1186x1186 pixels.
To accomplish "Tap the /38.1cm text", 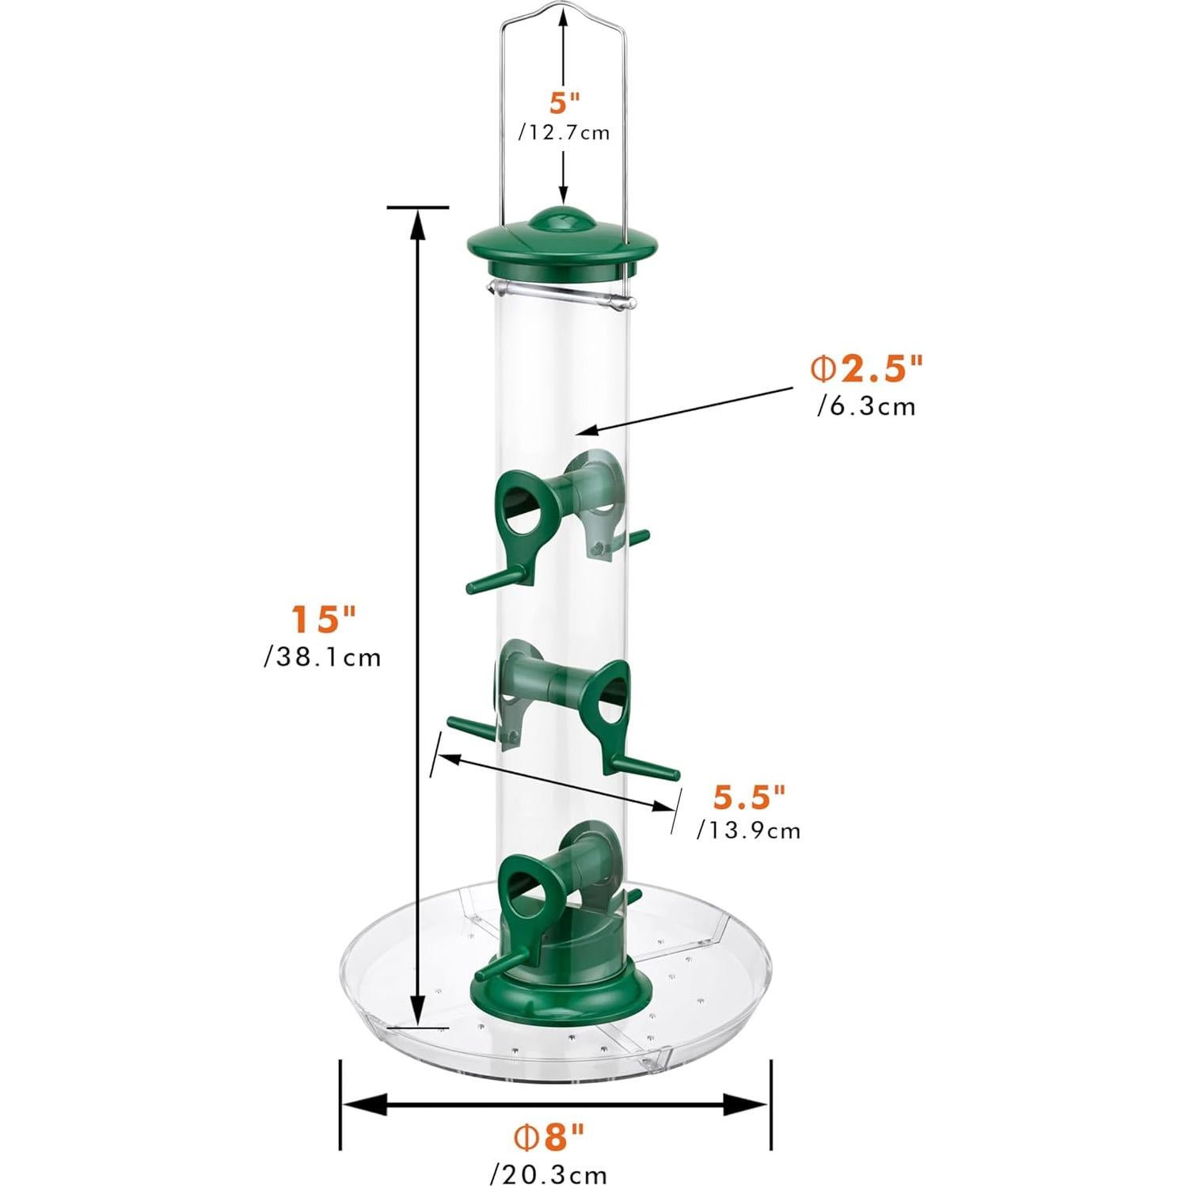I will coord(323,657).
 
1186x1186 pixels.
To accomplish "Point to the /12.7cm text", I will coord(564,133).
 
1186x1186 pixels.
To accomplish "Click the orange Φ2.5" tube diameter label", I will coord(866,368).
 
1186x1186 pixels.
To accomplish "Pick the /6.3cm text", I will coord(866,407).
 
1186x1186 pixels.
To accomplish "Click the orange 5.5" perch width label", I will coord(749,797).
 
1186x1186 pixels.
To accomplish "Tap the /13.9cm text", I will coord(749,831).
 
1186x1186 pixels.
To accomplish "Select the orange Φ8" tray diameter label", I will coord(549,1138).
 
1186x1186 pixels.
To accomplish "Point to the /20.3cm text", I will coord(549,1173).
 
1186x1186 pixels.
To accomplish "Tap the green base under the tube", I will coord(563,986).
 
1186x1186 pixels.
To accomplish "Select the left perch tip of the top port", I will coord(472,587).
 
